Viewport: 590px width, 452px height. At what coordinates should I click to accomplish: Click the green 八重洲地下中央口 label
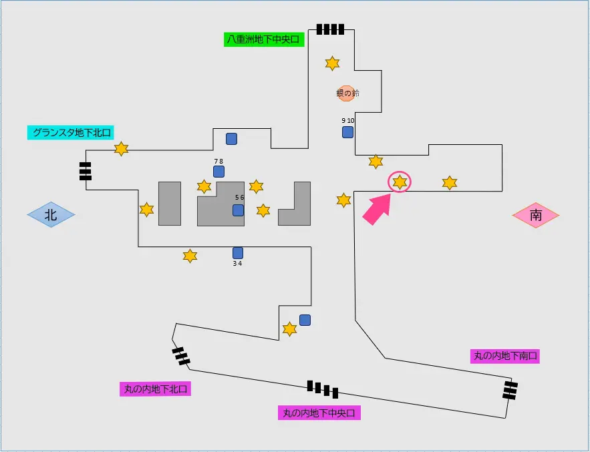click(x=264, y=39)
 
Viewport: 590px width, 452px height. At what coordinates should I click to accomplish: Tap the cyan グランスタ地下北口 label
click(x=70, y=132)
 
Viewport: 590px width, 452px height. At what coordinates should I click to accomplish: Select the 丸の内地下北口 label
click(x=156, y=389)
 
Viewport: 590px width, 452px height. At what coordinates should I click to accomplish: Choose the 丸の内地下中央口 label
click(x=319, y=413)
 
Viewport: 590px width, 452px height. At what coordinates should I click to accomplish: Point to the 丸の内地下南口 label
click(x=505, y=356)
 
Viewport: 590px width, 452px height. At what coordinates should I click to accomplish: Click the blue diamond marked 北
click(x=51, y=215)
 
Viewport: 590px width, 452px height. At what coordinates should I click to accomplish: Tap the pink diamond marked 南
click(x=536, y=215)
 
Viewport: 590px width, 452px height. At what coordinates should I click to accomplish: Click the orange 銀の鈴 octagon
click(x=346, y=93)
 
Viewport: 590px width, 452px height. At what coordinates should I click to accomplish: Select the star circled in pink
click(x=400, y=182)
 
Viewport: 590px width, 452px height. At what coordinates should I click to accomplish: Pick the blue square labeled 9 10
click(x=347, y=132)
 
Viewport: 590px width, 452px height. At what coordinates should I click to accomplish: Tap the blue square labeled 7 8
click(x=218, y=172)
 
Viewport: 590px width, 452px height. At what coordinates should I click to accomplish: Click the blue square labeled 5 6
click(x=238, y=210)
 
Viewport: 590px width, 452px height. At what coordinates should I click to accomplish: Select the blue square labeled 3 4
click(x=238, y=253)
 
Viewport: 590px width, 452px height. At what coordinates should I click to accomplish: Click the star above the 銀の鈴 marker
click(x=332, y=63)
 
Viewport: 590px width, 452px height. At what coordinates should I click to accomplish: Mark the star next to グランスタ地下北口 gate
click(x=121, y=149)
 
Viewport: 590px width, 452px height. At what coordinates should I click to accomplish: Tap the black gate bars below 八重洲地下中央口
click(x=330, y=29)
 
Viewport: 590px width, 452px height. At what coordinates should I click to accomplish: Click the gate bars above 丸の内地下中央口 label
click(x=323, y=389)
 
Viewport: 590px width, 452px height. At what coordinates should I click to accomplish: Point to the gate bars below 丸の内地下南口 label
click(x=510, y=390)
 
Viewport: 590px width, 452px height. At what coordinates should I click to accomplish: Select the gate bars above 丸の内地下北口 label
click(x=181, y=356)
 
